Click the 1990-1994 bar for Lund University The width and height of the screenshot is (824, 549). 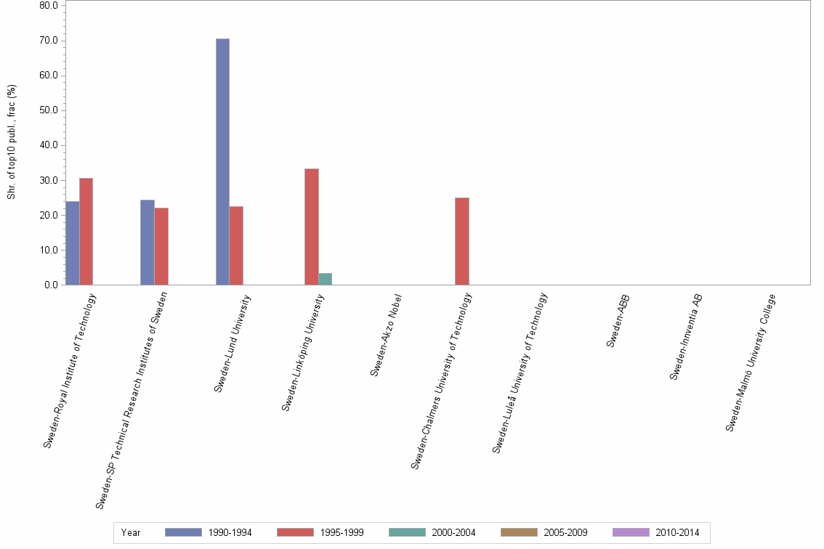pyautogui.click(x=222, y=161)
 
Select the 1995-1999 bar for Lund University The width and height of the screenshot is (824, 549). pyautogui.click(x=236, y=245)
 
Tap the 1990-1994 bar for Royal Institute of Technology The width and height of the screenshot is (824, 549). pyautogui.click(x=72, y=243)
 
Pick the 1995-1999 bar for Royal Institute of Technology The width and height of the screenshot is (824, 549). pyautogui.click(x=86, y=231)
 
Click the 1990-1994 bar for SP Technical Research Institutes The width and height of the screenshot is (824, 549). pyautogui.click(x=147, y=242)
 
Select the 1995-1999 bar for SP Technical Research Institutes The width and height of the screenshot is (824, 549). pyautogui.click(x=161, y=246)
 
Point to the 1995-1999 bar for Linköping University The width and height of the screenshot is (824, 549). pyautogui.click(x=311, y=227)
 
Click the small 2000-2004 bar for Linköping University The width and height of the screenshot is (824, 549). pyautogui.click(x=325, y=279)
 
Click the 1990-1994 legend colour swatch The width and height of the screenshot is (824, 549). pyautogui.click(x=183, y=532)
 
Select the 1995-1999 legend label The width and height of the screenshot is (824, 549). pyautogui.click(x=342, y=532)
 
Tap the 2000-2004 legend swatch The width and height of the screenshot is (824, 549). pyautogui.click(x=407, y=532)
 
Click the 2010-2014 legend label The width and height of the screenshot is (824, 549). pyautogui.click(x=677, y=532)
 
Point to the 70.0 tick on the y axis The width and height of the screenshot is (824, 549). pyautogui.click(x=49, y=41)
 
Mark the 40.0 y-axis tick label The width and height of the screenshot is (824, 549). pyautogui.click(x=49, y=145)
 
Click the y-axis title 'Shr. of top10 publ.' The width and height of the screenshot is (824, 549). pyautogui.click(x=12, y=142)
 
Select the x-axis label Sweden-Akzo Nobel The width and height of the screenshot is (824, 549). pyautogui.click(x=386, y=335)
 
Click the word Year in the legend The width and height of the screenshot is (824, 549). pyautogui.click(x=131, y=532)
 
